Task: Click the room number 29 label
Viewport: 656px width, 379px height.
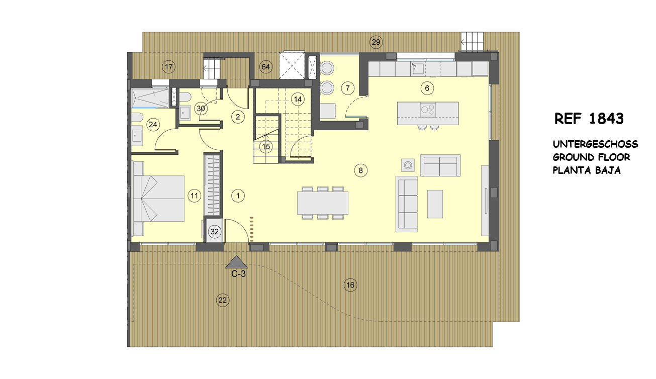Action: (x=376, y=42)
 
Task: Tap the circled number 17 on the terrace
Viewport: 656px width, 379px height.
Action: (x=169, y=67)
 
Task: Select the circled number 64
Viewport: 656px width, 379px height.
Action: (x=265, y=67)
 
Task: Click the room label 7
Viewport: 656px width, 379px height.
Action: (x=348, y=88)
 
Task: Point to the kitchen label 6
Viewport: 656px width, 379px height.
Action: (x=427, y=88)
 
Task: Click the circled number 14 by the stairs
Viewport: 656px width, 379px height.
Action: (x=298, y=100)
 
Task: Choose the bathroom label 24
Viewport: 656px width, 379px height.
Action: (x=153, y=125)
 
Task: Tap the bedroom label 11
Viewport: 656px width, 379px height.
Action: (x=195, y=196)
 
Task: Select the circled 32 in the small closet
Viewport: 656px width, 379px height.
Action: (x=214, y=232)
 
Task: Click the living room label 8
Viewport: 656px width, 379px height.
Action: (x=360, y=170)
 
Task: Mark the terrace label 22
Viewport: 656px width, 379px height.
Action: (x=223, y=300)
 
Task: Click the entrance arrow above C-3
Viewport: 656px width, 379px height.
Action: (x=236, y=262)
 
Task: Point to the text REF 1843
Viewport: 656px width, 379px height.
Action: (x=589, y=119)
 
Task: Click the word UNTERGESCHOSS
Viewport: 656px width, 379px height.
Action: (x=595, y=144)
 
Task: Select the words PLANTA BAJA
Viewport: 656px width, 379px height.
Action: (x=587, y=170)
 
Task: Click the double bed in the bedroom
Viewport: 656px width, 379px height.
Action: (x=159, y=199)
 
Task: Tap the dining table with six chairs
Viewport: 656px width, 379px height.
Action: (x=323, y=203)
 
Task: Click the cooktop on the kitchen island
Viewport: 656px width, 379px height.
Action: (x=428, y=110)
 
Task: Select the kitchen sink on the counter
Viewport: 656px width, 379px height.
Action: (x=417, y=69)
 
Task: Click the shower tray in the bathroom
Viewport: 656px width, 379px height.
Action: (x=150, y=98)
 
